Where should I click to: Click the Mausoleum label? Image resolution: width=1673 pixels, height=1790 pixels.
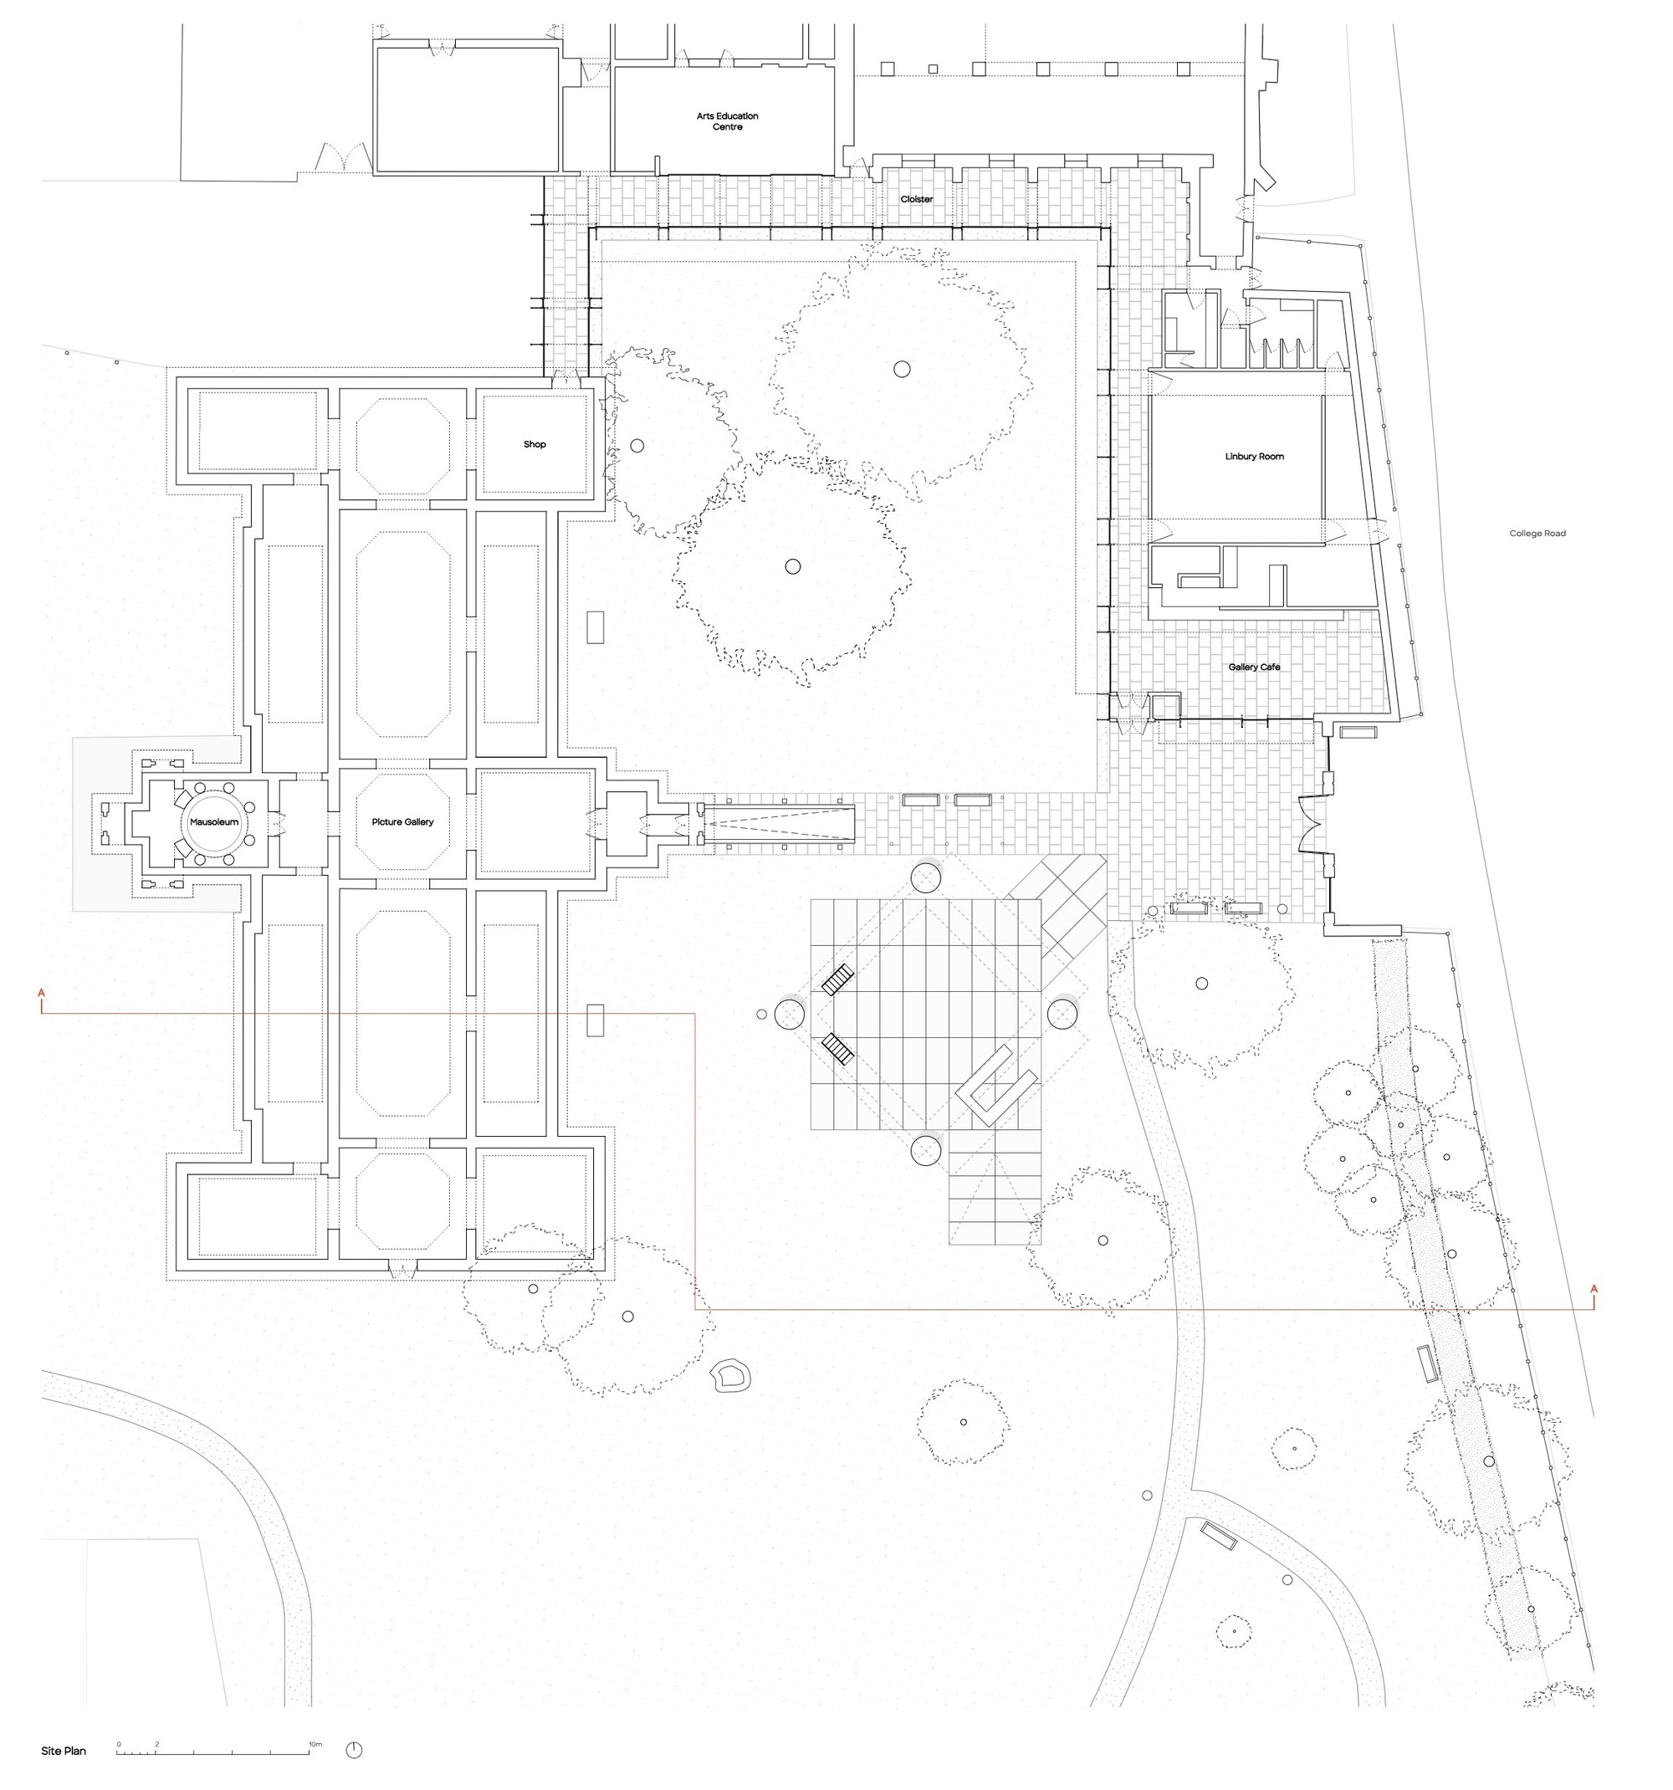pyautogui.click(x=213, y=822)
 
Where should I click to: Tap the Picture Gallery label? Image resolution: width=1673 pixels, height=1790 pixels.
pyautogui.click(x=402, y=822)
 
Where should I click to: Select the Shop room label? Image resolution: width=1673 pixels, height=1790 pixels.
pyautogui.click(x=535, y=444)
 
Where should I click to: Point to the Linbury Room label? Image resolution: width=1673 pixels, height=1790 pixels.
pyautogui.click(x=1254, y=457)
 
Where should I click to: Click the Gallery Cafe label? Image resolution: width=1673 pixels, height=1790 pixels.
pyautogui.click(x=1254, y=667)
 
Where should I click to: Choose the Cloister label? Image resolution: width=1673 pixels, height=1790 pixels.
pyautogui.click(x=917, y=199)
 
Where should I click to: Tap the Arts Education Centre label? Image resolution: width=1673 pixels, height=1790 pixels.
pyautogui.click(x=728, y=121)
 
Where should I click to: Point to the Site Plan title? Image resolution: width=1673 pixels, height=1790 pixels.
pyautogui.click(x=64, y=1752)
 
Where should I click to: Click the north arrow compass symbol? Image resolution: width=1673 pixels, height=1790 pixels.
pyautogui.click(x=354, y=1751)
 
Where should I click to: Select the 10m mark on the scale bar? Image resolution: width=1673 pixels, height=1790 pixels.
pyautogui.click(x=315, y=1744)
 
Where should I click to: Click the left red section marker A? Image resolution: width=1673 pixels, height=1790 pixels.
pyautogui.click(x=42, y=993)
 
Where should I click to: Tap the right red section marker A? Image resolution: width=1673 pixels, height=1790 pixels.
pyautogui.click(x=1594, y=1289)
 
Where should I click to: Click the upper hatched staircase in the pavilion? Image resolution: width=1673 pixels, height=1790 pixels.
pyautogui.click(x=837, y=979)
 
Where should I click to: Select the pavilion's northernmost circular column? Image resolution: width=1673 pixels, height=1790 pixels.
pyautogui.click(x=926, y=876)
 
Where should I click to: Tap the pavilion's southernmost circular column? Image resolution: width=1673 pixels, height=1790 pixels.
pyautogui.click(x=926, y=1150)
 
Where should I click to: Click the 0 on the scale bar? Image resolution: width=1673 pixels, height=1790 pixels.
pyautogui.click(x=118, y=1744)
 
